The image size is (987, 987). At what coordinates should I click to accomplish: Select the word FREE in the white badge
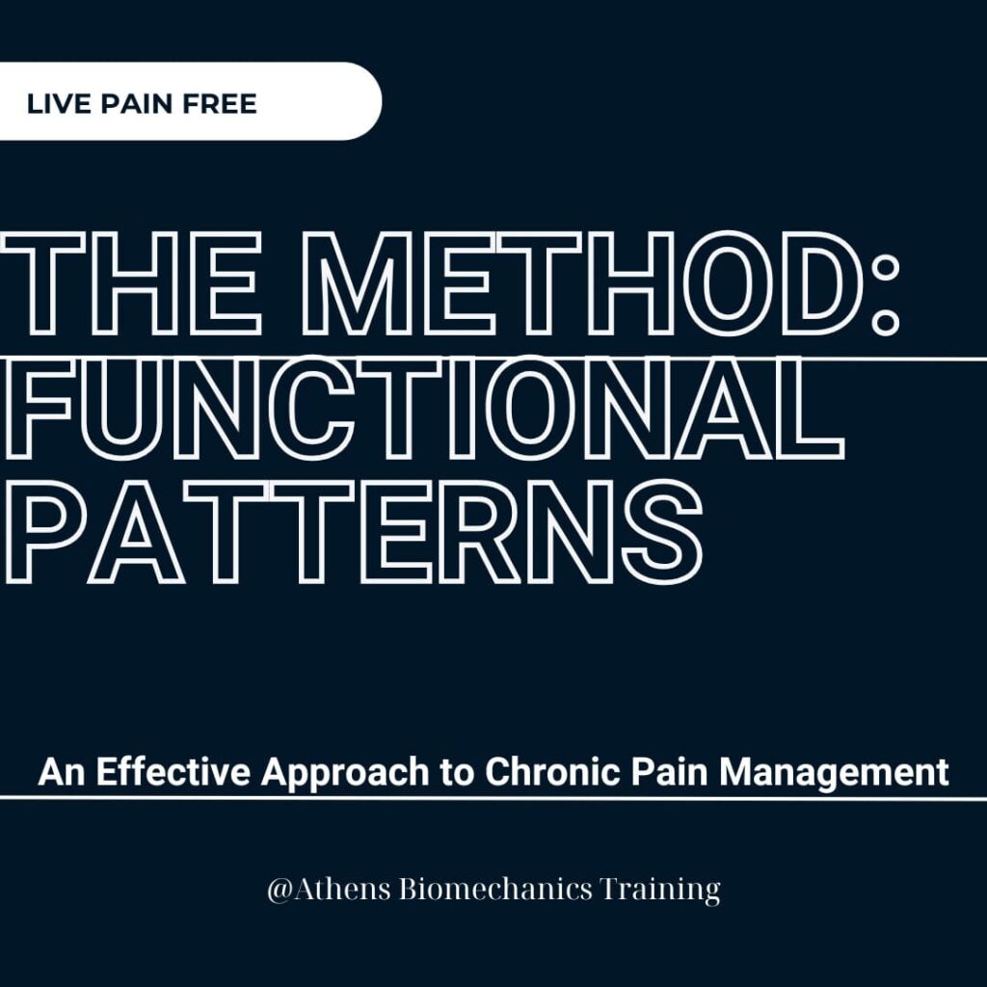220,104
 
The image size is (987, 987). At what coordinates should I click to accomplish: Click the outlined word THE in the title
131,282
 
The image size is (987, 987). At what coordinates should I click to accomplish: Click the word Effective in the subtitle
173,771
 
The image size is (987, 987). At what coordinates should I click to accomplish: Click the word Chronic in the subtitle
552,771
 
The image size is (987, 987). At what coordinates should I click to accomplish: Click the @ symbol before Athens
278,890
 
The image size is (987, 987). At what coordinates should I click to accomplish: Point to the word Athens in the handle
340,889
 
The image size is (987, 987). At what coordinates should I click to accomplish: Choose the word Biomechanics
496,889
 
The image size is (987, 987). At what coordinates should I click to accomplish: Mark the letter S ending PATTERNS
662,532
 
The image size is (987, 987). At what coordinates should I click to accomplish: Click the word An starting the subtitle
62,771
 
